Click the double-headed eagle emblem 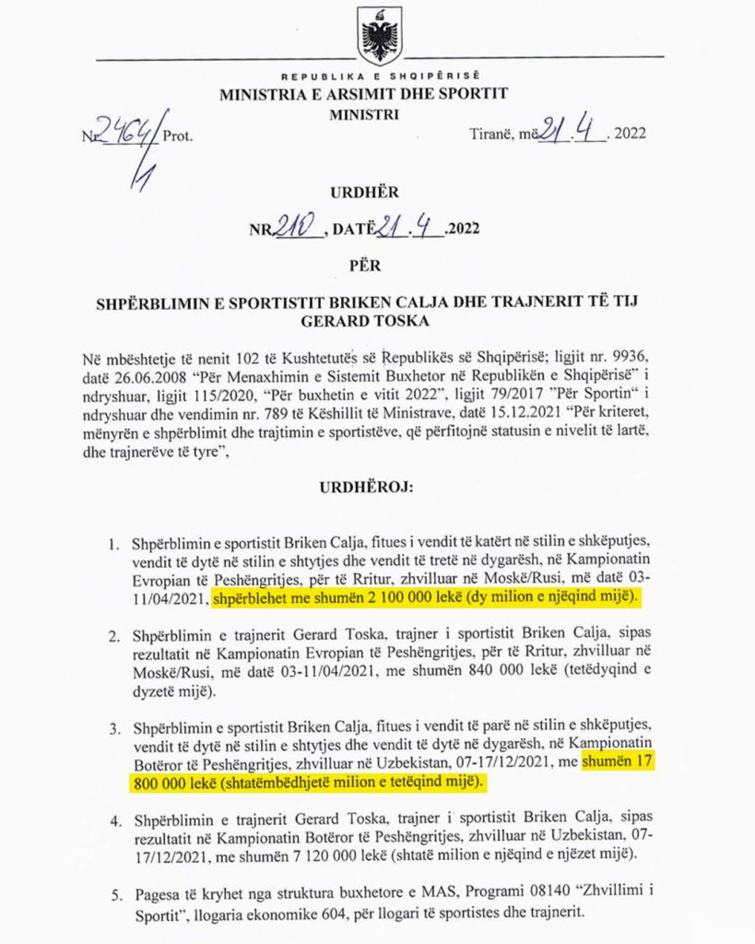pos(378,36)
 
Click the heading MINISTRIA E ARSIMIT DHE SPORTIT pos(363,93)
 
